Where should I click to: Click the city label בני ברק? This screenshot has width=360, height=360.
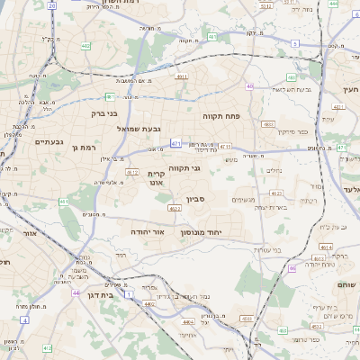pyautogui.click(x=105, y=113)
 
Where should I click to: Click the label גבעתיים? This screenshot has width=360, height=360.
pyautogui.click(x=49, y=141)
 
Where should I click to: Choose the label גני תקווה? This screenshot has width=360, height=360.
pyautogui.click(x=209, y=167)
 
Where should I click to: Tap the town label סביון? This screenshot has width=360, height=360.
pyautogui.click(x=195, y=199)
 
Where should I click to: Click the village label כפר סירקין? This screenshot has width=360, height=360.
pyautogui.click(x=291, y=131)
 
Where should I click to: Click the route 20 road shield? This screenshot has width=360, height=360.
pyautogui.click(x=51, y=5)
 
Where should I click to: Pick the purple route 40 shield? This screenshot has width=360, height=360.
pyautogui.click(x=249, y=86)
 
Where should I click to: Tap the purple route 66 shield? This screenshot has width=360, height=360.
pyautogui.click(x=292, y=268)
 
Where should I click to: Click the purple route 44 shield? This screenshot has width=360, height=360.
pyautogui.click(x=76, y=292)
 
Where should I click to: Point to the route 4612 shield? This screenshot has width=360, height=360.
pyautogui.click(x=132, y=172)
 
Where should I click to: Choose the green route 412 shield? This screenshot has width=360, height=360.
pyautogui.click(x=47, y=347)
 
